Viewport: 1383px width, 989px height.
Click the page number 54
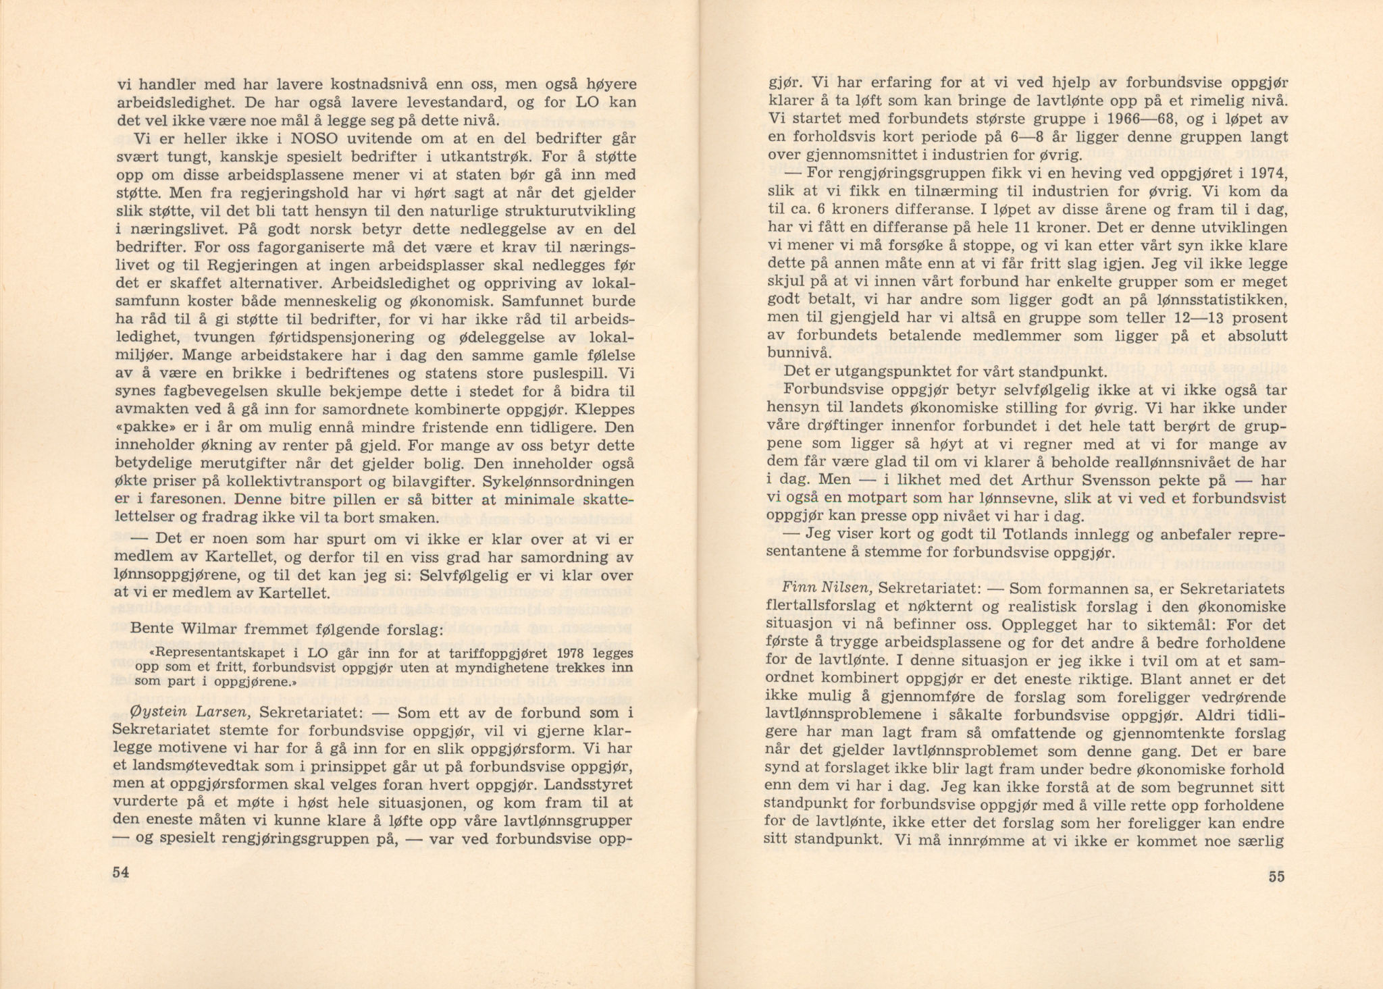[x=120, y=872]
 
